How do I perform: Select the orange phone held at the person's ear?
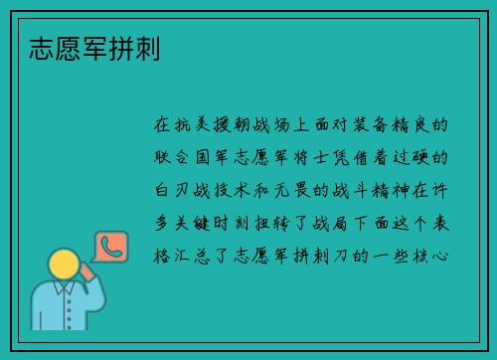coord(85,270)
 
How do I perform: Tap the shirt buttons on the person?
coord(63,318)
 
